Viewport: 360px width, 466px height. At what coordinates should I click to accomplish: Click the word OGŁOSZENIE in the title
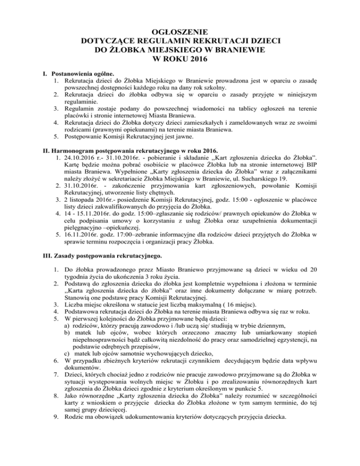pyautogui.click(x=180, y=32)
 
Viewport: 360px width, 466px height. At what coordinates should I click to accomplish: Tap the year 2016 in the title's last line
pyautogui.click(x=193, y=59)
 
